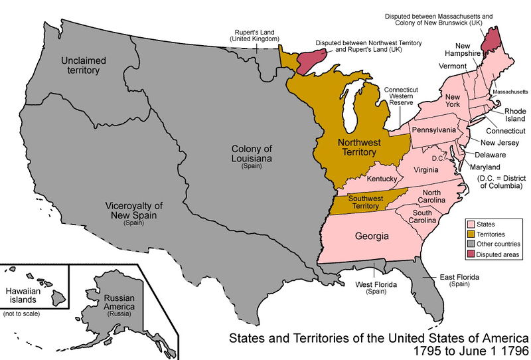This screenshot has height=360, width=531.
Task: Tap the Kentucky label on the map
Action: tap(382, 179)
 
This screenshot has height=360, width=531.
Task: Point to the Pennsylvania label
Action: tap(434, 129)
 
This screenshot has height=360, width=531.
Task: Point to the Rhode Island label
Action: tap(514, 116)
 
